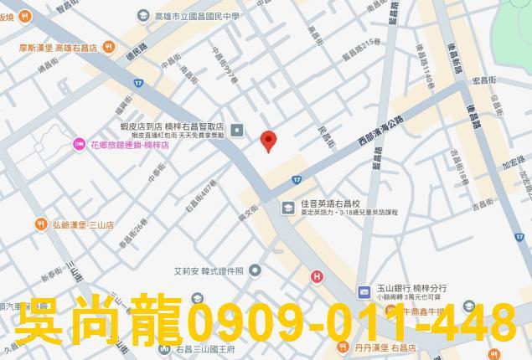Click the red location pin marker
pos(268,141)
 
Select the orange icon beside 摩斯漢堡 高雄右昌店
pos(109,48)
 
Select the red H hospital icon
pos(317,277)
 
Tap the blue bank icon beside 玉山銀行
pos(364,291)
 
